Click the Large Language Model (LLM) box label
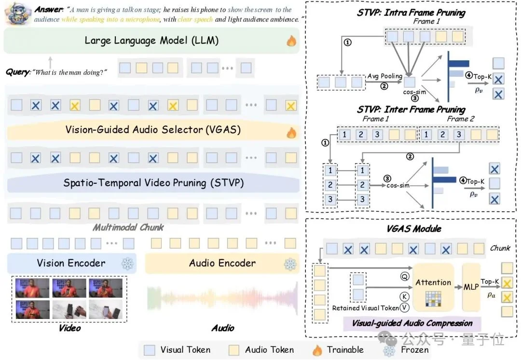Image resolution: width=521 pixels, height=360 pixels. click(151, 41)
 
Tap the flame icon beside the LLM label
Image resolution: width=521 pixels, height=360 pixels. click(291, 41)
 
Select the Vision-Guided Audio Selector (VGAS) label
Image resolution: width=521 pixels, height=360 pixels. click(153, 129)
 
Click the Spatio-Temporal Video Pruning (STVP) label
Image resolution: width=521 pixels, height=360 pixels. click(153, 183)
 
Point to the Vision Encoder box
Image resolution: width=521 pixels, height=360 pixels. click(71, 263)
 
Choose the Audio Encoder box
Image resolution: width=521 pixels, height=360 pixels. click(222, 263)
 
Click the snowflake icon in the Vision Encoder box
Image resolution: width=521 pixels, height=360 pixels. click(127, 263)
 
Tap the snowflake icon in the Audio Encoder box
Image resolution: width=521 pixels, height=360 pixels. click(289, 263)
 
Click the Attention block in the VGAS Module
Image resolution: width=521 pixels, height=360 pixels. click(433, 282)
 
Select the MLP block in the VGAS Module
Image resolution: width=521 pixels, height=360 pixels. click(470, 287)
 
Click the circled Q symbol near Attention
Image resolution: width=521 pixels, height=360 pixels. click(404, 277)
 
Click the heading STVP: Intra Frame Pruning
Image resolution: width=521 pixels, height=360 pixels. click(411, 13)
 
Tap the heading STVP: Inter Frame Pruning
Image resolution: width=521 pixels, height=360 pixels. click(411, 109)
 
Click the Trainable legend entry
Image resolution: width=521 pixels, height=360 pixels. click(338, 350)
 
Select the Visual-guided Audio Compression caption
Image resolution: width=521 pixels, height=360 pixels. click(412, 323)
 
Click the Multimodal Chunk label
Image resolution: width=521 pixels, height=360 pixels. click(128, 227)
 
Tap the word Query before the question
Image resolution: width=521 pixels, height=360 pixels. click(17, 72)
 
